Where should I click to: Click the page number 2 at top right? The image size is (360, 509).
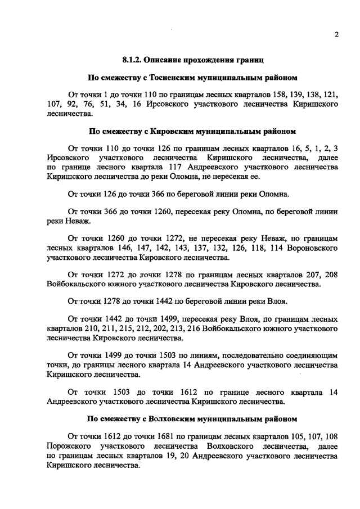click(x=336, y=34)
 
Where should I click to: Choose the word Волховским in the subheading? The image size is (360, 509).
click(x=168, y=418)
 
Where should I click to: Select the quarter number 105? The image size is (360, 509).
click(x=289, y=436)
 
